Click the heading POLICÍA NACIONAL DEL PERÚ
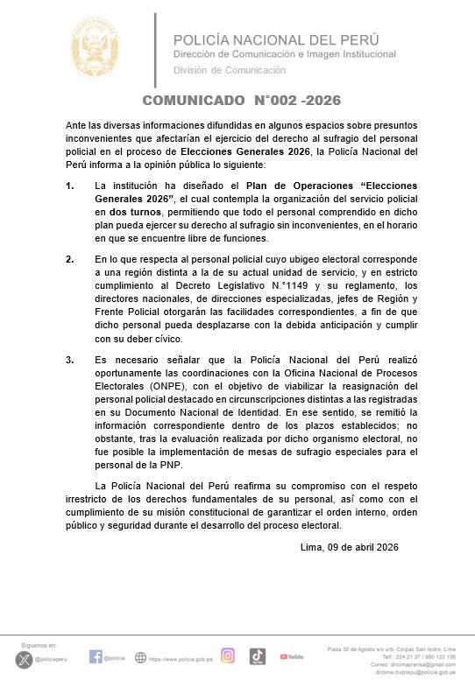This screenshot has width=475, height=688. point(276,39)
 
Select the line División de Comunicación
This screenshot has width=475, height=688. point(230,70)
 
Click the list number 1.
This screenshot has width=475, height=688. point(69,186)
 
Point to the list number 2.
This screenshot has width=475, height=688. point(69,260)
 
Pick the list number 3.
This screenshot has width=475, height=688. point(69,360)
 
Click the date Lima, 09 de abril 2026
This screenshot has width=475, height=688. point(349,547)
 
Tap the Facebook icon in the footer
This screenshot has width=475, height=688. point(96,656)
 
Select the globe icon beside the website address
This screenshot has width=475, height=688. point(140,657)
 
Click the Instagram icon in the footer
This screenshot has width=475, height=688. point(228,656)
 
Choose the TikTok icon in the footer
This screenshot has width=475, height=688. point(257,656)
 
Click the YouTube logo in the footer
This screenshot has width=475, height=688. point(292,656)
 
